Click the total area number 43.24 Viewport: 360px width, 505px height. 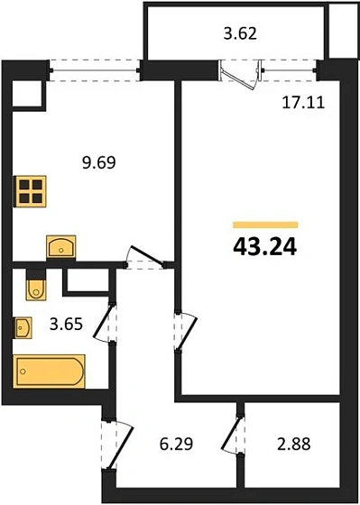[264, 246]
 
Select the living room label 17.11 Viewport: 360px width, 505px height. [303, 103]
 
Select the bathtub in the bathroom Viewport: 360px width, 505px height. [50, 370]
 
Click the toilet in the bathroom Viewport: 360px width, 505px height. [35, 286]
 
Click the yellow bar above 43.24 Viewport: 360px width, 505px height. [264, 223]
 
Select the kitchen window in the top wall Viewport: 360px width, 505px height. [96, 66]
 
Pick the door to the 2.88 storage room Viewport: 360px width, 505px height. [238, 436]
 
